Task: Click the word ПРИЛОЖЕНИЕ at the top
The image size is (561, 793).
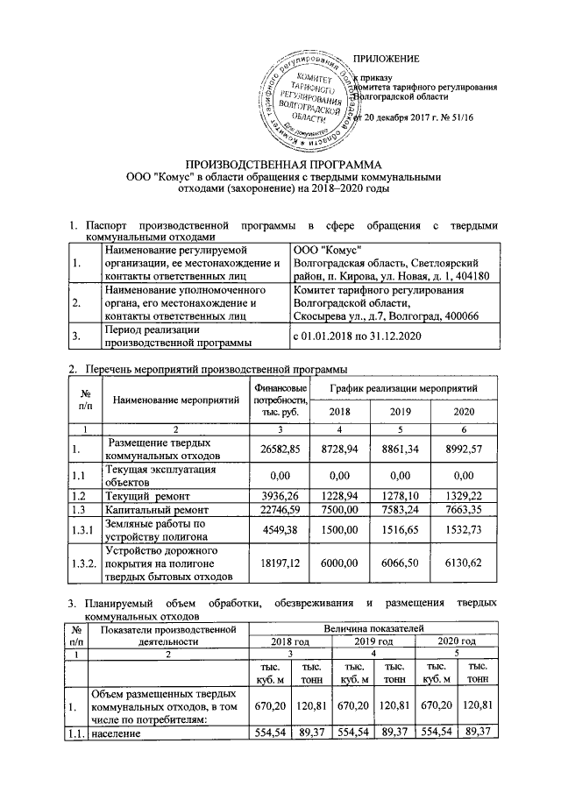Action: [x=386, y=59]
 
